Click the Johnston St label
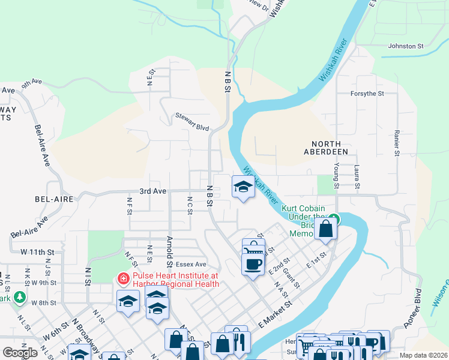click(x=406, y=46)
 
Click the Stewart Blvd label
click(x=192, y=116)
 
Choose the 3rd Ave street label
click(x=152, y=191)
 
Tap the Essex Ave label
click(x=191, y=264)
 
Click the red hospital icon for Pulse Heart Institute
click(x=122, y=278)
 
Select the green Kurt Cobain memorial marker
click(x=333, y=218)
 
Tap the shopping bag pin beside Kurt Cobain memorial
click(x=325, y=229)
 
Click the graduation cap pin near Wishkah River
click(x=243, y=186)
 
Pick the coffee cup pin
click(x=253, y=262)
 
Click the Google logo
click(x=20, y=353)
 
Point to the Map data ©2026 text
click(x=423, y=355)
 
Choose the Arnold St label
click(x=170, y=252)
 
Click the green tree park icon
click(x=20, y=296)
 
